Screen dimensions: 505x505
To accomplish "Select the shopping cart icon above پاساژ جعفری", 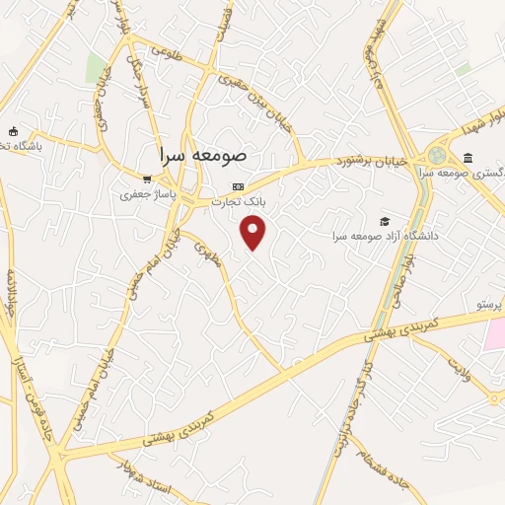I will pyautogui.click(x=147, y=179).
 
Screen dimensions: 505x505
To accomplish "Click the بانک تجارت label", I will pyautogui.click(x=242, y=201).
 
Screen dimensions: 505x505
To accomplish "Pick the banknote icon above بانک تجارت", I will pyautogui.click(x=238, y=186).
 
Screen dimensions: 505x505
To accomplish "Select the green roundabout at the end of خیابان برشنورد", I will pyautogui.click(x=436, y=156).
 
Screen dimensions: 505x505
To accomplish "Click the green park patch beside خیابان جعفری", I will pyautogui.click(x=96, y=68).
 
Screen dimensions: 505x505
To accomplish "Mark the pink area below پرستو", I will pyautogui.click(x=492, y=334).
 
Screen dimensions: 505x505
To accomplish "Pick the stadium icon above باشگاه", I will pyautogui.click(x=13, y=131).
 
